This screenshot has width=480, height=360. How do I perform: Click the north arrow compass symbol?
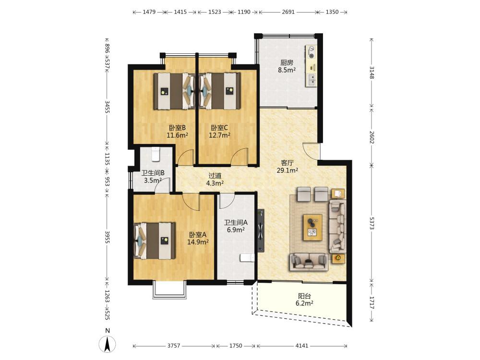point(107,344)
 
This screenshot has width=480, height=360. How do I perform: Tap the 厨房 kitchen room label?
point(287,63)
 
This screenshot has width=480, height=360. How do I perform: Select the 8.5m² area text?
point(287,70)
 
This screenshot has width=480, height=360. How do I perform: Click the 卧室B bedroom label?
point(177,128)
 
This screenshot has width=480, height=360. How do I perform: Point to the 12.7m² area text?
point(219,135)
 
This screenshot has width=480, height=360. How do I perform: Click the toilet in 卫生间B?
point(156,154)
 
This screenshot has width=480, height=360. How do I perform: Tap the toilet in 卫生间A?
point(247,258)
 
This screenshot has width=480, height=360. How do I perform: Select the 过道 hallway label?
point(215,176)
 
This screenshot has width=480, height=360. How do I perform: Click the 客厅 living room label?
point(287,163)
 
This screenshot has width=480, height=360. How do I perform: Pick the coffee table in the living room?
point(312,228)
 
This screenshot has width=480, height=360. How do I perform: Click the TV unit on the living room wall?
point(261,231)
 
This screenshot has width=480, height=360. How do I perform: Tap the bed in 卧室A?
point(155,240)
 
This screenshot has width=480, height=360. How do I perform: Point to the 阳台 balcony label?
point(304,296)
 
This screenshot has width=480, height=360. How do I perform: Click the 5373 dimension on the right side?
point(372,223)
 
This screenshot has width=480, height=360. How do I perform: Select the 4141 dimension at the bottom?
point(302,346)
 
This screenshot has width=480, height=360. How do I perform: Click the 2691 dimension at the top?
point(288,12)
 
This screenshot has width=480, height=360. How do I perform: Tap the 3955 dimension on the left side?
point(107,237)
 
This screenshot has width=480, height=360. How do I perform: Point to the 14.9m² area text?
point(198,242)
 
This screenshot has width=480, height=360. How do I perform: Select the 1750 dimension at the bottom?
point(236,346)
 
